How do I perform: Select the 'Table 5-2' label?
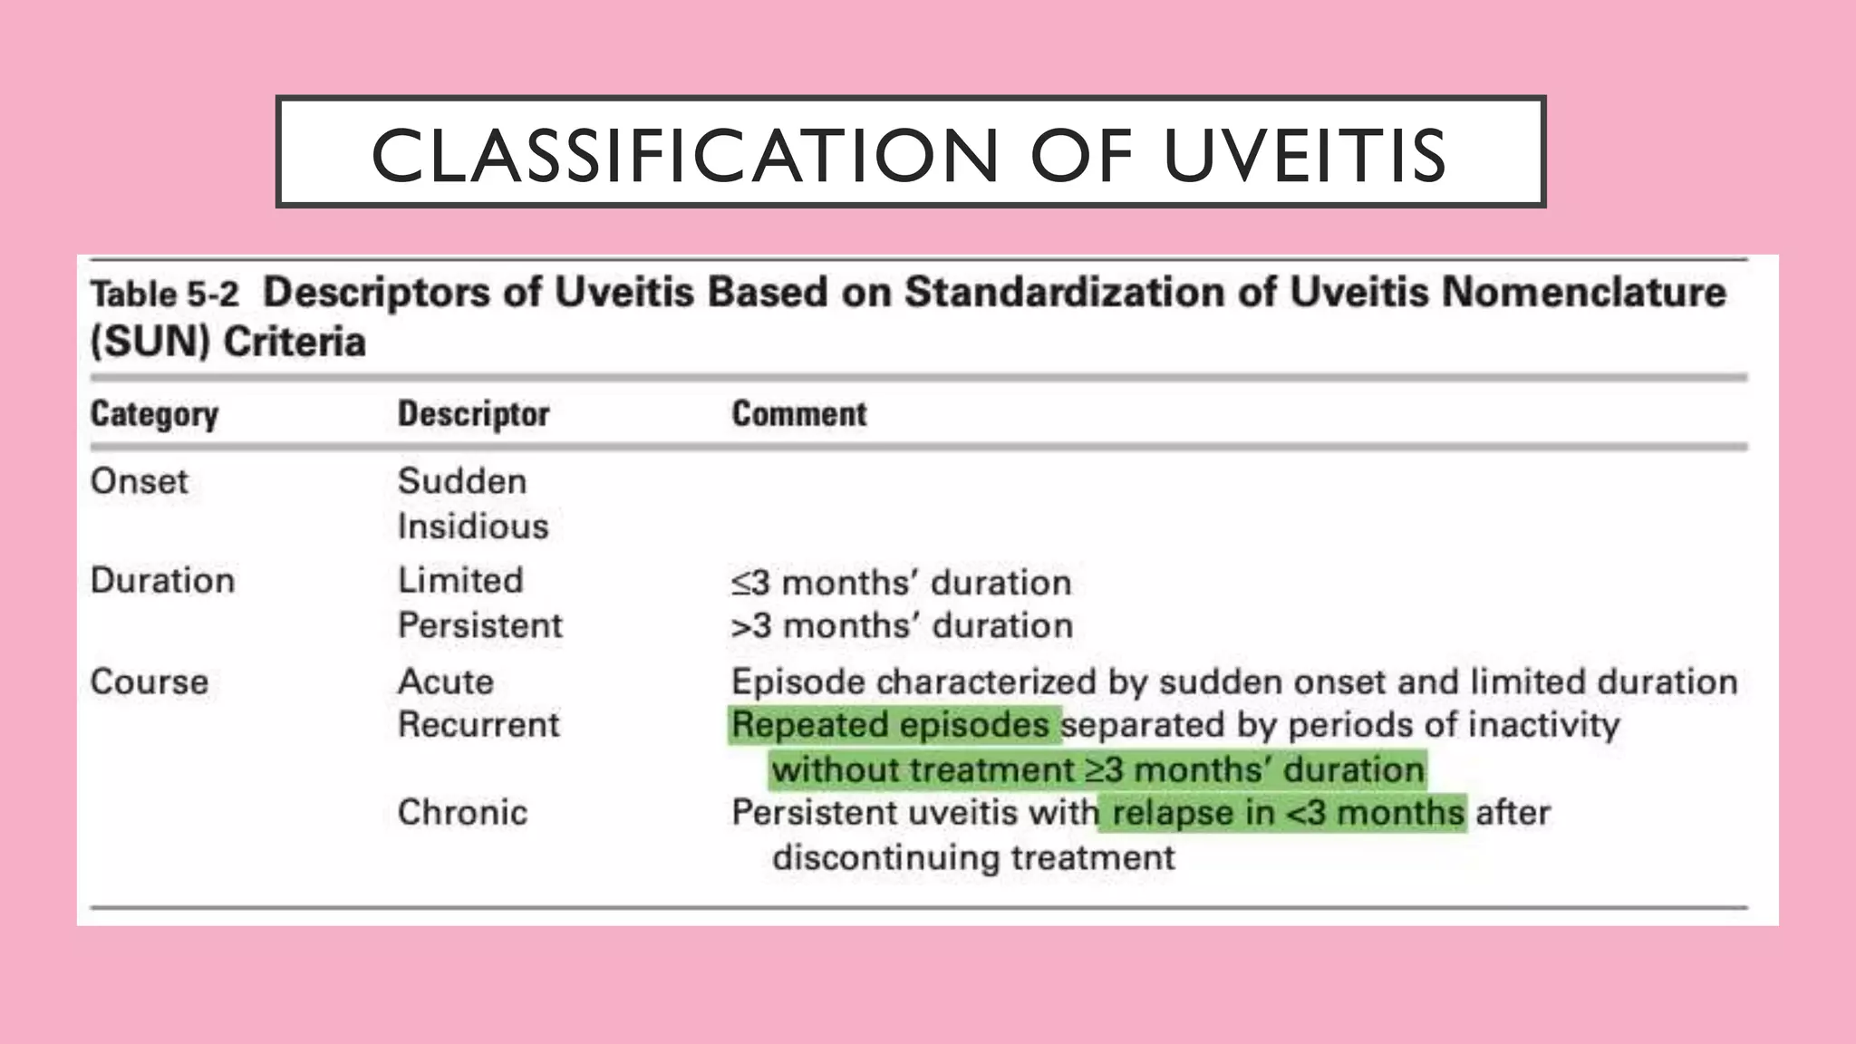(x=164, y=295)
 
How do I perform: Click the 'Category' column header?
(x=154, y=414)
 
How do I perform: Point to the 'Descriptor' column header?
(x=473, y=414)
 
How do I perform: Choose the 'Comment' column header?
(x=798, y=414)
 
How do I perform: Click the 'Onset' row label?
(x=139, y=481)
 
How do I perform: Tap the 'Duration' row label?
(x=162, y=581)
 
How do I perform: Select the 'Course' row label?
(x=149, y=681)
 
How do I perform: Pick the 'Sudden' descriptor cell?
(x=461, y=481)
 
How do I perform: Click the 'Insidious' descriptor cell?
(x=473, y=527)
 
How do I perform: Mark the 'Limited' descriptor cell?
(x=460, y=581)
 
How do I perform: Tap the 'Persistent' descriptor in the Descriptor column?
(x=479, y=625)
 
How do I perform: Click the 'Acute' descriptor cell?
(x=446, y=681)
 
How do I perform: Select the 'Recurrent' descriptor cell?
(x=478, y=725)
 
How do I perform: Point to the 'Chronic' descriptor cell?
(x=462, y=813)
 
